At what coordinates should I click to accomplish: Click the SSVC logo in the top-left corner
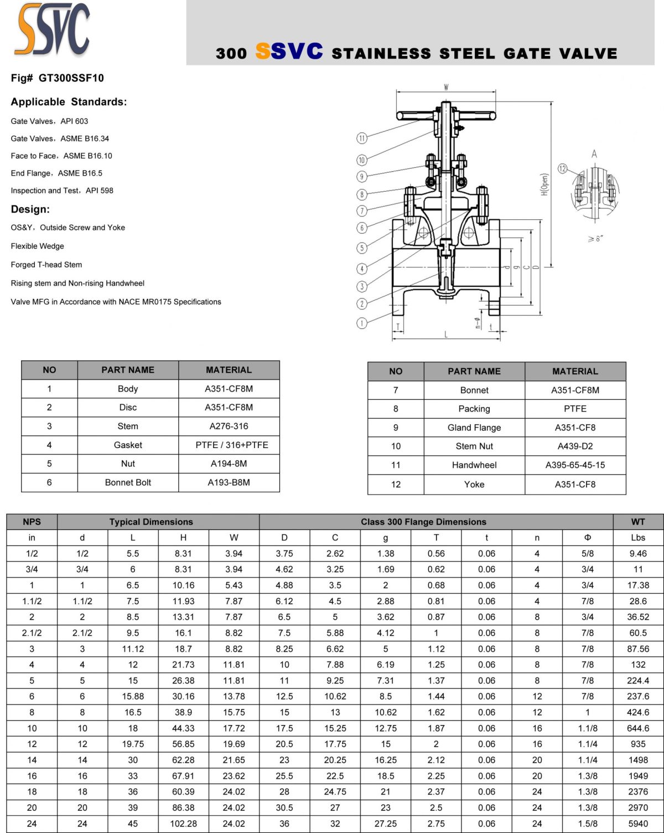[53, 30]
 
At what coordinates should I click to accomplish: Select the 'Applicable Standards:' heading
[69, 102]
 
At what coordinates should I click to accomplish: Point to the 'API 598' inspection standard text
[100, 191]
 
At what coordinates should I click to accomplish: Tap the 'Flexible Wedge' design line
[37, 246]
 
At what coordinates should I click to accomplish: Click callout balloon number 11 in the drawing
[362, 138]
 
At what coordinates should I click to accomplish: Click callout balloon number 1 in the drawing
[362, 323]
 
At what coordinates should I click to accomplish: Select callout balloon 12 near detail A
[562, 168]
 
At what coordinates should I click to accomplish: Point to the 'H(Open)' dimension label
[544, 184]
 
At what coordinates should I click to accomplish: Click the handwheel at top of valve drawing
[446, 115]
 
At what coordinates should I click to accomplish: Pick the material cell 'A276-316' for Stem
[229, 426]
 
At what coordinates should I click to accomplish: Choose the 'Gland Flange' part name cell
[474, 428]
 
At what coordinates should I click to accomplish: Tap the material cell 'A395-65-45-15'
[575, 465]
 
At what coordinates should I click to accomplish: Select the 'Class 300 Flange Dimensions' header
[423, 522]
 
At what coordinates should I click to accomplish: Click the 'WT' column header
[637, 522]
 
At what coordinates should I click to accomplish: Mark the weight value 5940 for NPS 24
[637, 824]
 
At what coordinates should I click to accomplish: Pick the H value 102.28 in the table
[183, 824]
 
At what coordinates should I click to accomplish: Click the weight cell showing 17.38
[637, 585]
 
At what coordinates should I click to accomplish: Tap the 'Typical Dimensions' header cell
[151, 522]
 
